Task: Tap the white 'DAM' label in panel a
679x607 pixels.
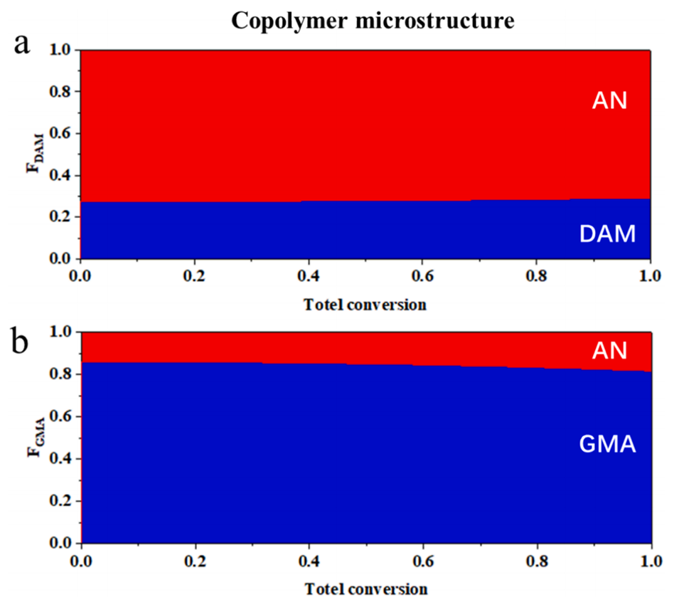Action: coord(606,234)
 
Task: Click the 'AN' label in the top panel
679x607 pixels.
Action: coord(609,101)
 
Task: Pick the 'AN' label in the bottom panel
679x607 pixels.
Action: coord(609,350)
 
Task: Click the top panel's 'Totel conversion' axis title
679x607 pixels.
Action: coord(365,305)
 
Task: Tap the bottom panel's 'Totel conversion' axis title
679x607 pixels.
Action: coord(366,589)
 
